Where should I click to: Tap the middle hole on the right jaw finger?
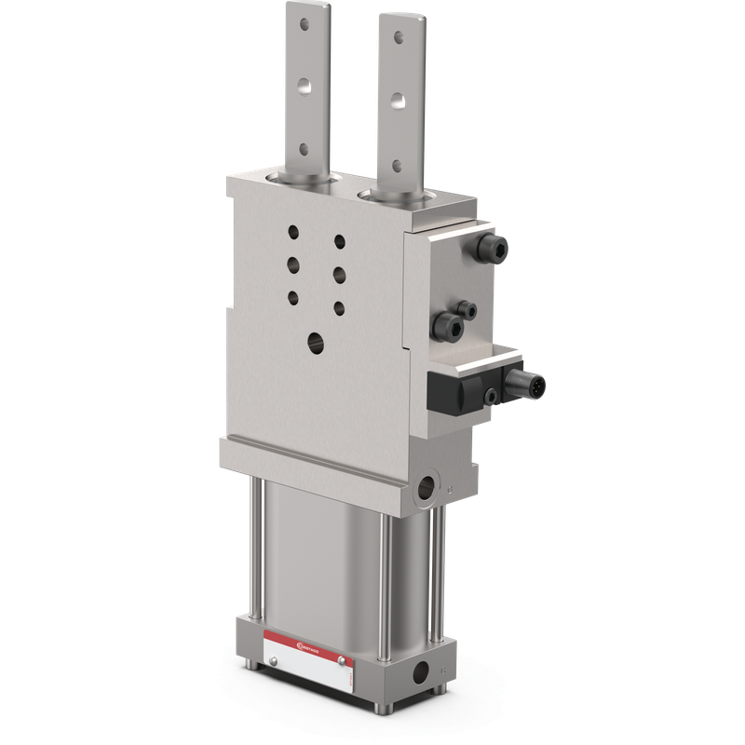click(399, 97)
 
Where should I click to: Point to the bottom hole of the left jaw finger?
click(302, 147)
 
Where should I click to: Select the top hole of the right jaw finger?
click(400, 38)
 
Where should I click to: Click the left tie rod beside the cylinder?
click(254, 549)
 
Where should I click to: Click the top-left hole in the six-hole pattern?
click(294, 233)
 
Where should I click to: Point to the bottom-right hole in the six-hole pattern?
click(338, 306)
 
